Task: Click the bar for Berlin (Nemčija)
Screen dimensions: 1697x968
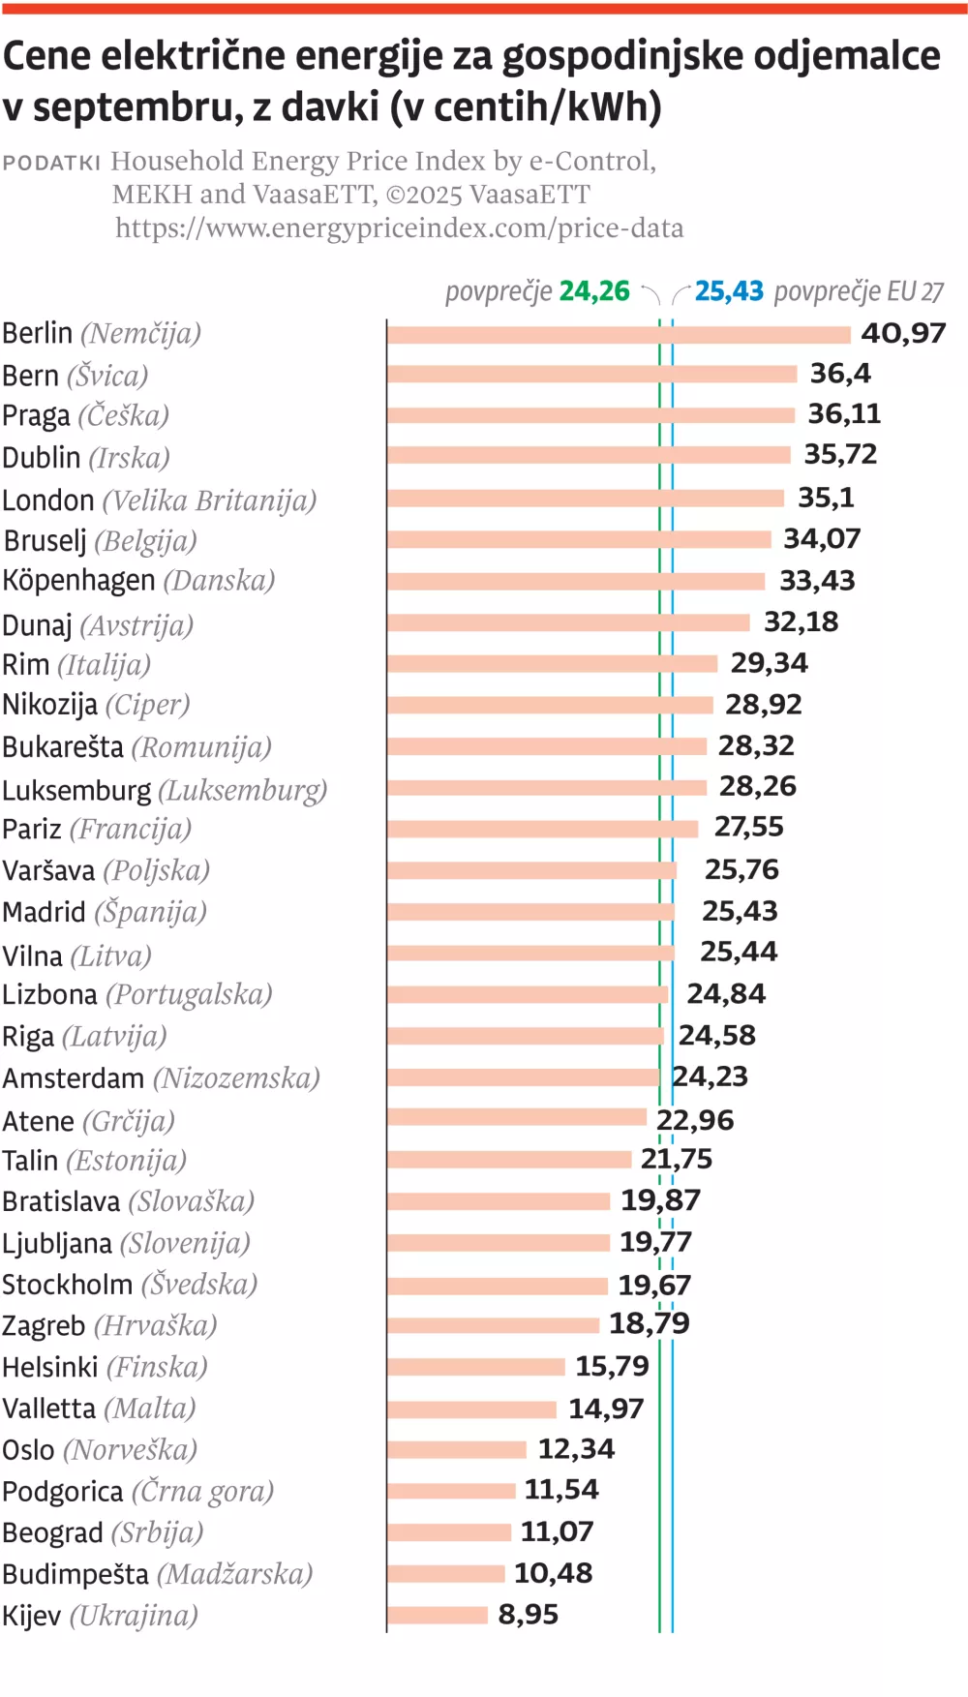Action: tap(619, 335)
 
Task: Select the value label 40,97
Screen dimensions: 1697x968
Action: tap(903, 333)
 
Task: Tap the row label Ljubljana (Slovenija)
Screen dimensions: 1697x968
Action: tap(126, 1243)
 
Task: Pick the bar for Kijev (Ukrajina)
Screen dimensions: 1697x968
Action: tap(438, 1615)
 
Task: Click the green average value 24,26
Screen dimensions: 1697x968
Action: tap(593, 291)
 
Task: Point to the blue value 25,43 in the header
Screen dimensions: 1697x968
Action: tap(729, 291)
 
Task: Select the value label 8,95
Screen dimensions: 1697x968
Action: tap(528, 1615)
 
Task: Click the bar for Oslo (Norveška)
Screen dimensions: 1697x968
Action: tap(457, 1449)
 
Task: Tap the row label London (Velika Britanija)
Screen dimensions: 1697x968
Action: tap(159, 500)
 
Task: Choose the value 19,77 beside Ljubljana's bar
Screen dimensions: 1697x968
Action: tap(655, 1242)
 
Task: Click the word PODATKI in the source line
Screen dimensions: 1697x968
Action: tap(51, 163)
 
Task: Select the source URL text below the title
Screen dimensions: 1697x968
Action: tap(399, 228)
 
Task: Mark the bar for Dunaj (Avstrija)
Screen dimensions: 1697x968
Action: tap(568, 622)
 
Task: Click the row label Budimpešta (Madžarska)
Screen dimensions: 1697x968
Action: tap(157, 1574)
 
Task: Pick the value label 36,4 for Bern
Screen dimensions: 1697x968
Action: tap(840, 374)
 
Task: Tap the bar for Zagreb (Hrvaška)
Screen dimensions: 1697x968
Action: tap(493, 1325)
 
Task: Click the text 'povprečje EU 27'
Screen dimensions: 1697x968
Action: tap(859, 291)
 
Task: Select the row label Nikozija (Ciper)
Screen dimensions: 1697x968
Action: tap(96, 705)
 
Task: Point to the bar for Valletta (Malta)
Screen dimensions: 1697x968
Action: tap(471, 1409)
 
